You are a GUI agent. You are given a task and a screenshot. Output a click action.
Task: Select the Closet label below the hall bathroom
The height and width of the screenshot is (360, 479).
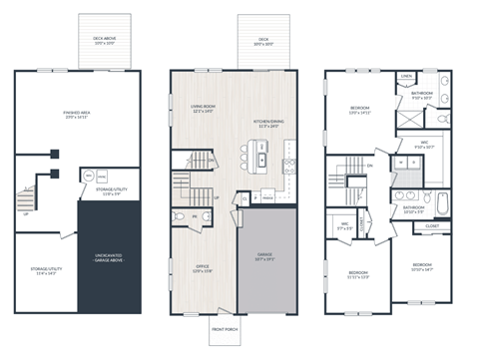(431, 226)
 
